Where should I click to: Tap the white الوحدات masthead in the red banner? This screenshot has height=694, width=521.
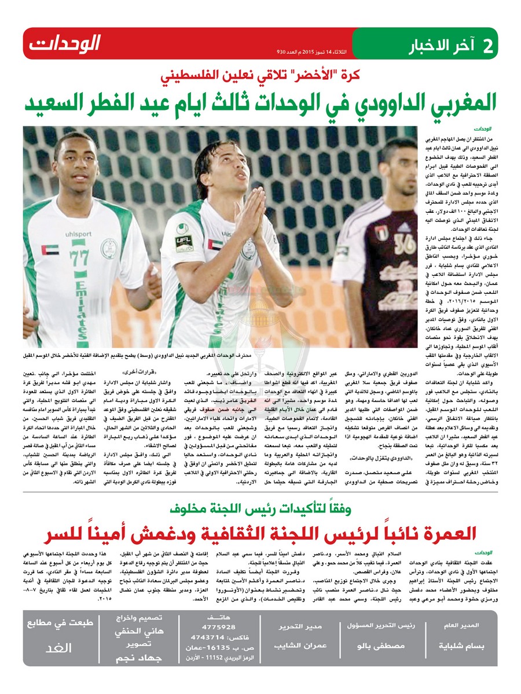coord(65,43)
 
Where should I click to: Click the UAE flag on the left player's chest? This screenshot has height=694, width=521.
coord(50,250)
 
